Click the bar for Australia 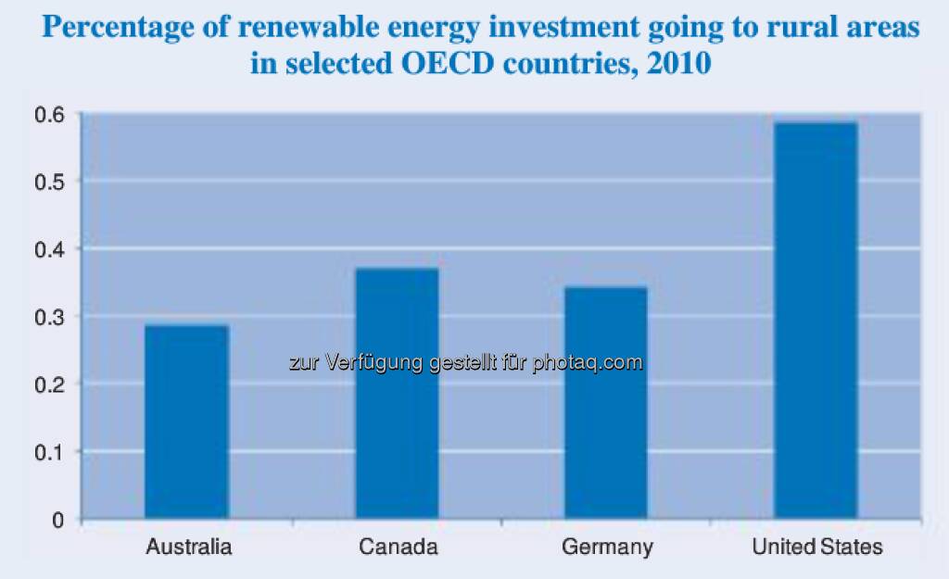[x=187, y=422]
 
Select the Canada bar [x=397, y=394]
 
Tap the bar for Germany [x=606, y=403]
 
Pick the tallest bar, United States [x=816, y=320]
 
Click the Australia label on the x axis [x=189, y=547]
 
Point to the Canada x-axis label [x=398, y=547]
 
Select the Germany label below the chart [x=607, y=547]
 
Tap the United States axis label [x=817, y=547]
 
